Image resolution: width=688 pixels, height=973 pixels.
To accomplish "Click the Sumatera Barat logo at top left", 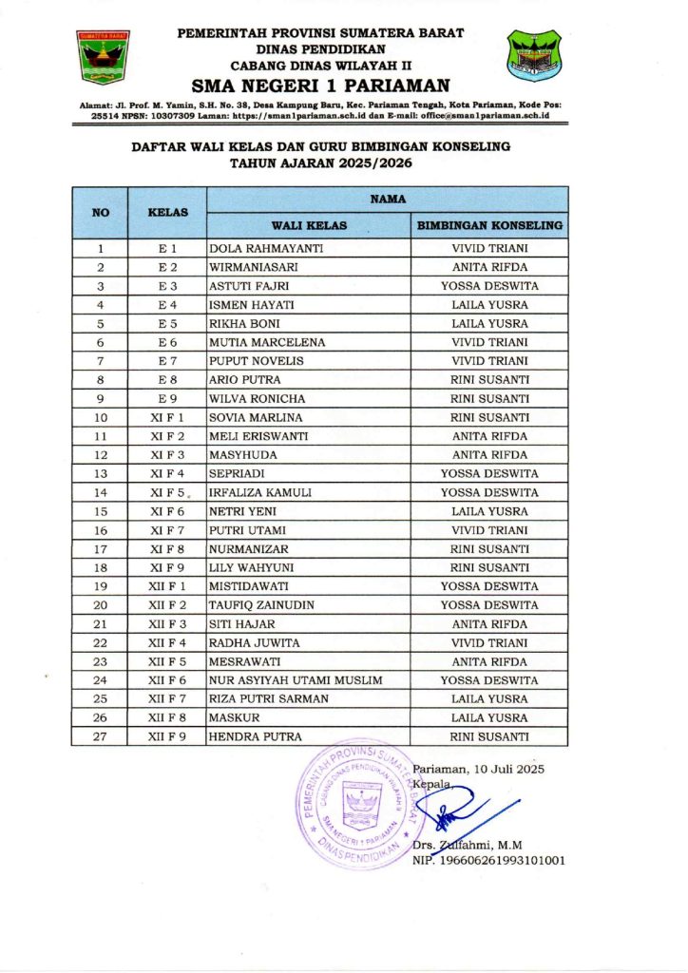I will [103, 58].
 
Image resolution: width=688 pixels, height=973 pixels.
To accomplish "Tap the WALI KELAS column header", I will [309, 226].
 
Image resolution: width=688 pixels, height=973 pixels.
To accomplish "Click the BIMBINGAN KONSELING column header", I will [489, 226].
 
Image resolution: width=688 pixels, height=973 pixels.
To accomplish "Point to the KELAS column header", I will [168, 212].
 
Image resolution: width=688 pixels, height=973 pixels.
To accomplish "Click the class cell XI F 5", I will [167, 493].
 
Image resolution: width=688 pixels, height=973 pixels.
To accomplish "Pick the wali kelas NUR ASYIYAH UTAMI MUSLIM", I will [296, 680].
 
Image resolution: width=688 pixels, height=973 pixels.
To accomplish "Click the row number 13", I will [101, 474].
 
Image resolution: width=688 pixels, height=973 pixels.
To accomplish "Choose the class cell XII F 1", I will [167, 586].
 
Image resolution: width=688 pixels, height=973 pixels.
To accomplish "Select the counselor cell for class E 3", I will [489, 286].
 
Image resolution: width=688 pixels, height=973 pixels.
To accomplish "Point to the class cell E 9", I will [167, 399].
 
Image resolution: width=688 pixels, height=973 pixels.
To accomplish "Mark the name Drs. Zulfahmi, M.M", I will [467, 845].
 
